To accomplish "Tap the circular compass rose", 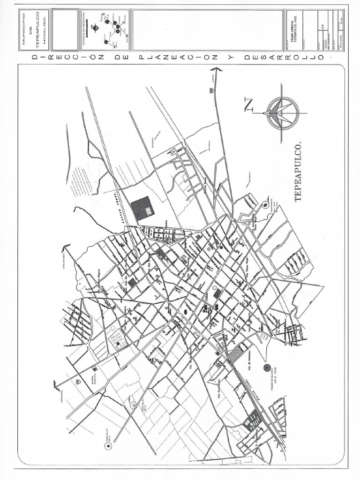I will click(x=282, y=113).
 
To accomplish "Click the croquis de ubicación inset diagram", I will click(x=105, y=30).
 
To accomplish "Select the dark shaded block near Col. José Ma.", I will click(x=133, y=283).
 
